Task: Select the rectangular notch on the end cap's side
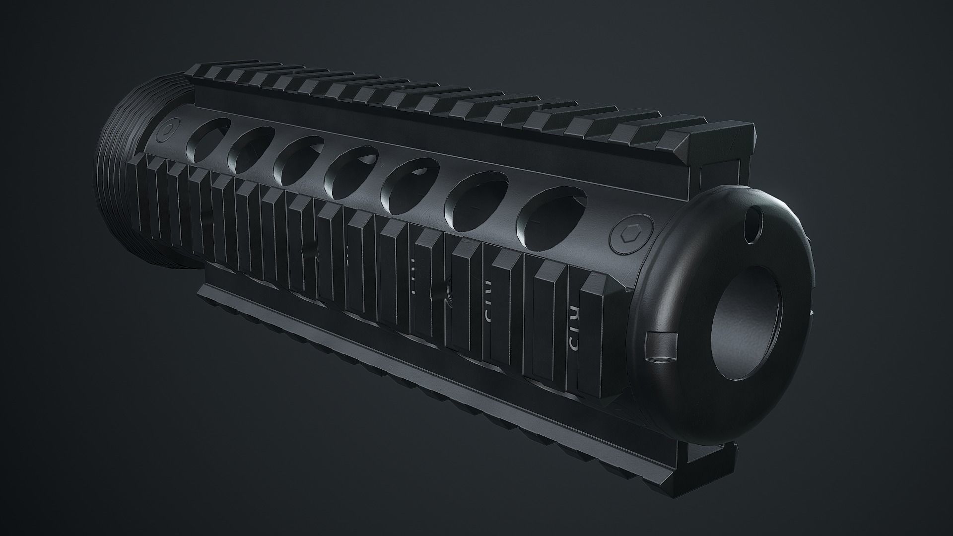(x=662, y=346)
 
